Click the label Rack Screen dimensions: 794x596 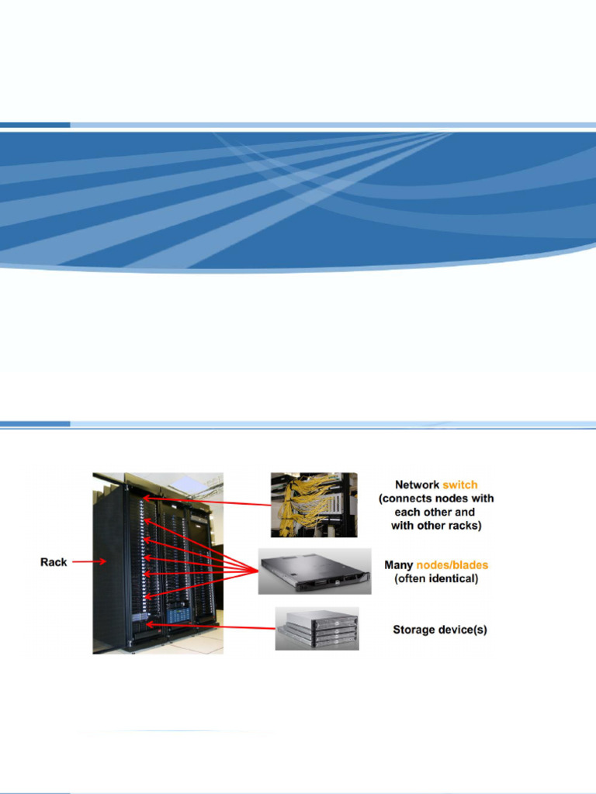[x=54, y=562]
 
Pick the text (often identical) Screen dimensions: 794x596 [x=436, y=578]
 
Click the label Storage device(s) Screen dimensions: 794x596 [x=439, y=630]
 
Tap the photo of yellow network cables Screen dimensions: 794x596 [x=314, y=505]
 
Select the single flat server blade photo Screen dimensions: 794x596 [x=314, y=572]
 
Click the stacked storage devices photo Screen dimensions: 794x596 [x=317, y=628]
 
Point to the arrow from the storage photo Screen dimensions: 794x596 [x=210, y=624]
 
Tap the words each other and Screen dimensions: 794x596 [x=435, y=512]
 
